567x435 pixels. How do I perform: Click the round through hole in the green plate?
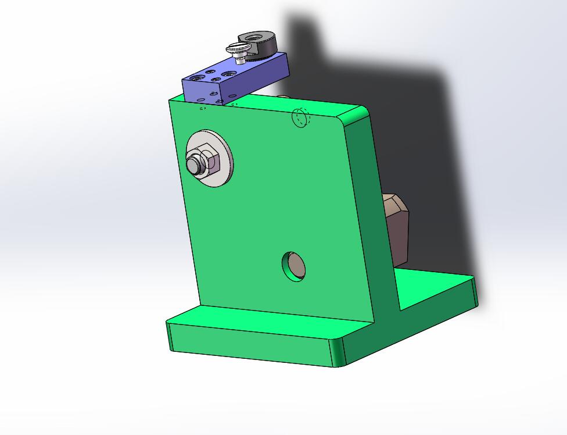point(295,266)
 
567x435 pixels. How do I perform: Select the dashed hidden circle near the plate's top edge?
point(300,117)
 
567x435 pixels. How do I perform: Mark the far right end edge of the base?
point(475,291)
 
